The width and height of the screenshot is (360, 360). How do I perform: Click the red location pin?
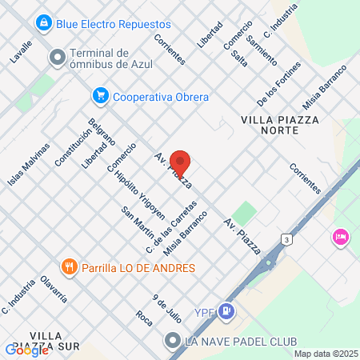click(180, 163)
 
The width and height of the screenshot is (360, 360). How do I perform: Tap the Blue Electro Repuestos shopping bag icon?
click(45, 23)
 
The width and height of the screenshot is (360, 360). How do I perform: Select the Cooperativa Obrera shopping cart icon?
click(101, 96)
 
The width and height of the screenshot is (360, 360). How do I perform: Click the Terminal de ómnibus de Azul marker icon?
click(58, 58)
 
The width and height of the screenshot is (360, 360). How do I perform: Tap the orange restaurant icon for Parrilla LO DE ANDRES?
click(69, 266)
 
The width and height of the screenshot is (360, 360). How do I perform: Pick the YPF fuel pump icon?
click(229, 310)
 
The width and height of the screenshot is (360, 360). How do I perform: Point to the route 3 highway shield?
click(286, 239)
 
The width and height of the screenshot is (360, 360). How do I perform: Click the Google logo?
click(26, 350)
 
